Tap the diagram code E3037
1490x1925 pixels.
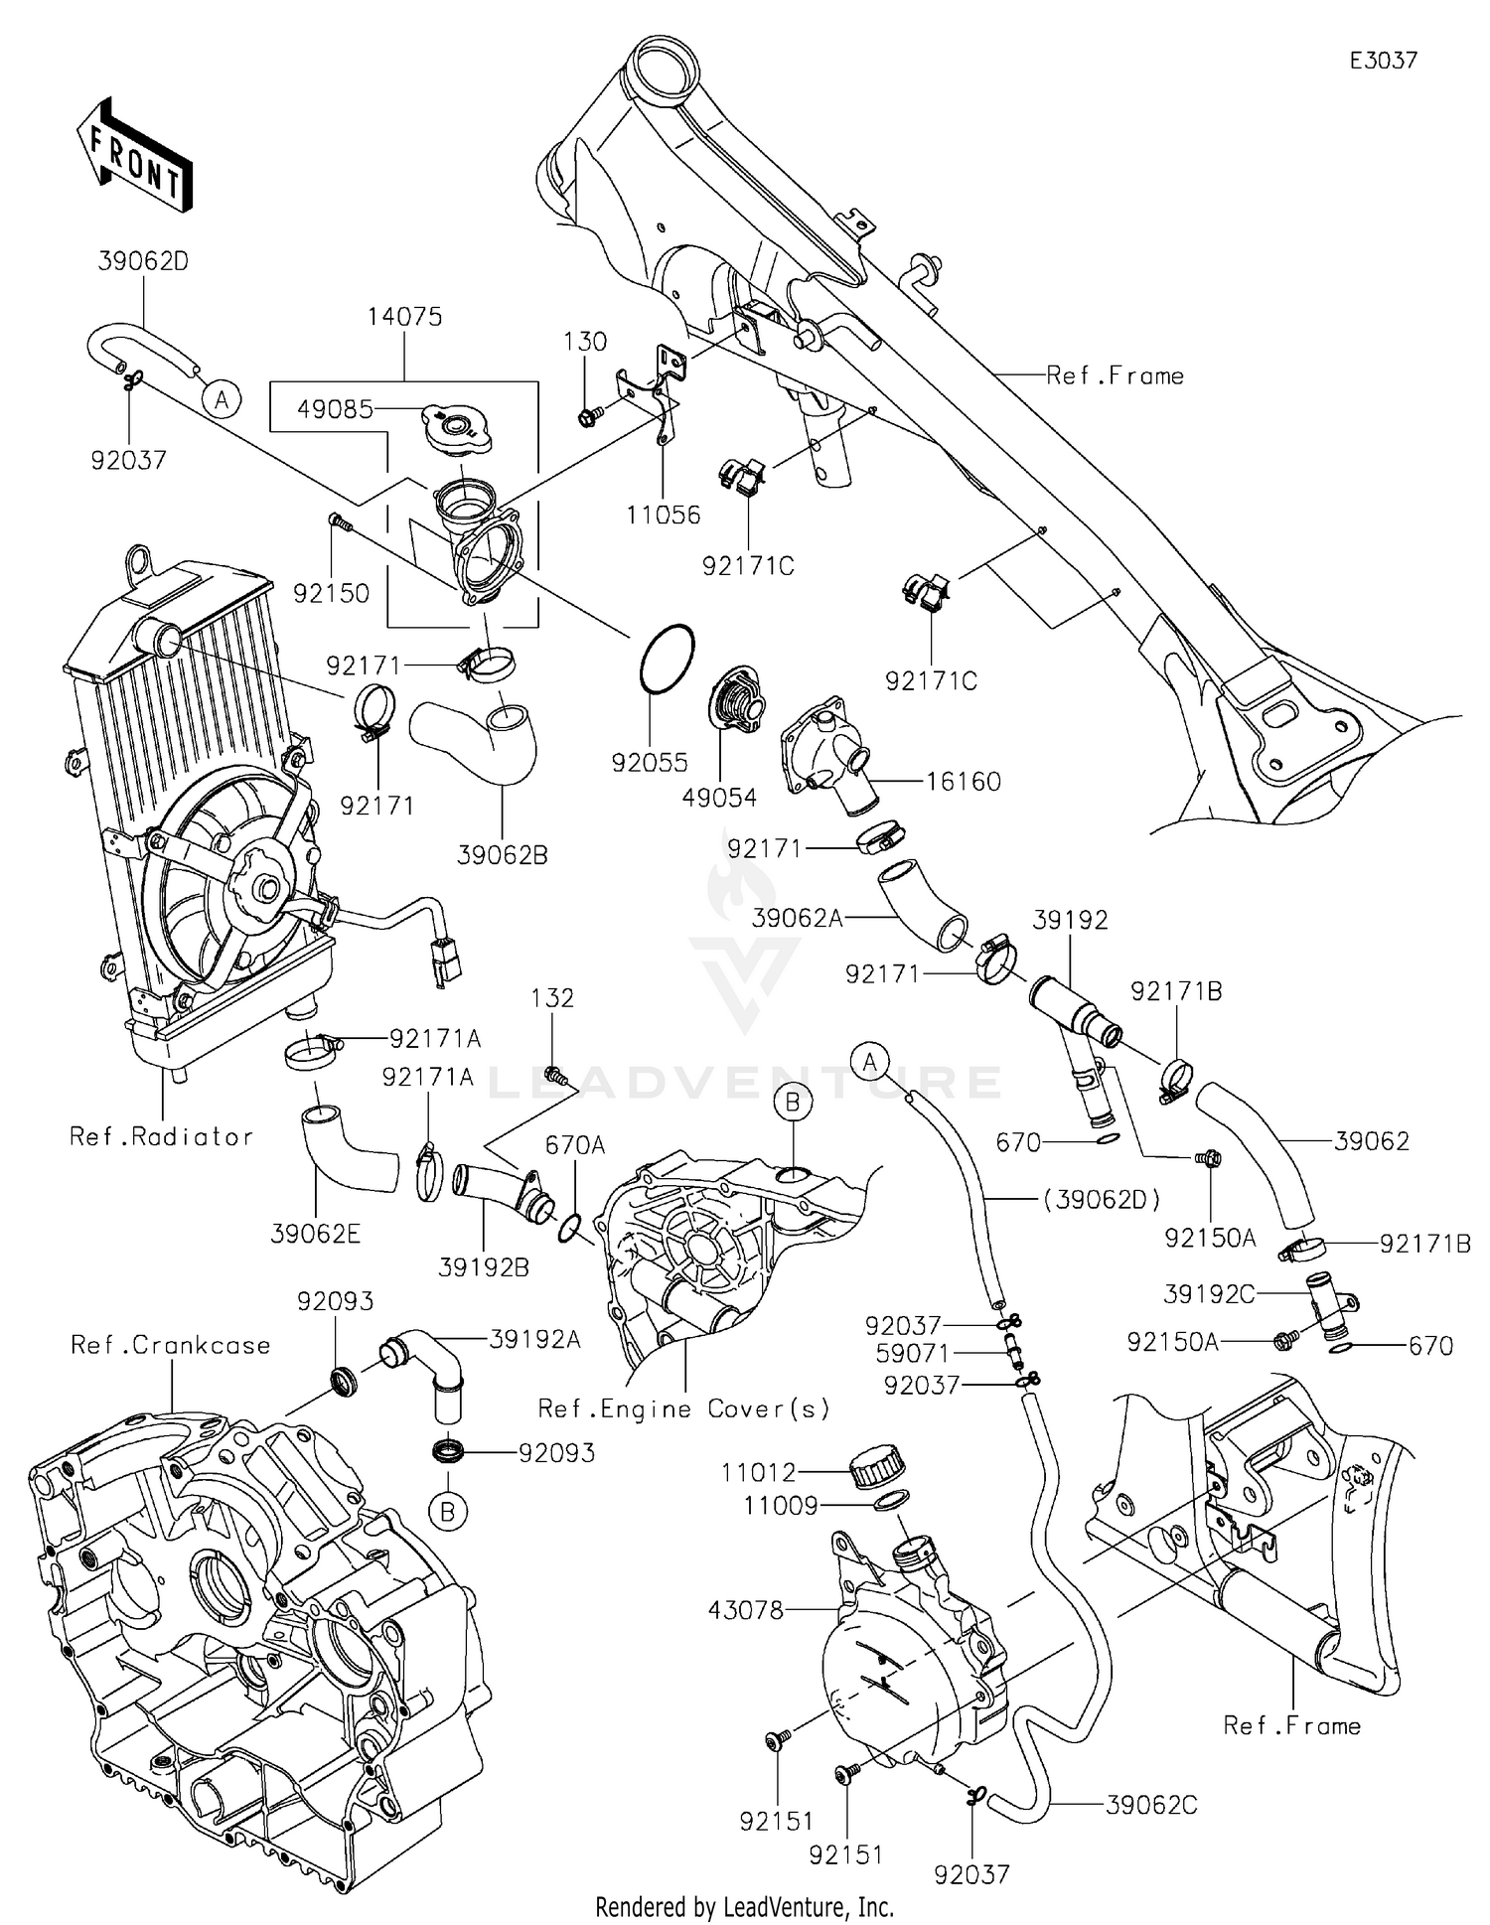point(1383,61)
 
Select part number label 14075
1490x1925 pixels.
point(404,317)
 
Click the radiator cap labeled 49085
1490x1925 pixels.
point(459,429)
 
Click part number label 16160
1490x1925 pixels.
point(963,782)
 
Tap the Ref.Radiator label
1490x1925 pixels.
point(161,1136)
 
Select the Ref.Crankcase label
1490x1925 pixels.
point(170,1345)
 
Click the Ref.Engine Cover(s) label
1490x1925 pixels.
point(683,1408)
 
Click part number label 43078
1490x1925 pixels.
point(747,1610)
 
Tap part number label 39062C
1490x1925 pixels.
point(1151,1805)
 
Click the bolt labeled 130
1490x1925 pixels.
point(587,418)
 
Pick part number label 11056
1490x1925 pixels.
point(663,515)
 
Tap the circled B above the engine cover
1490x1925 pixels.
point(793,1102)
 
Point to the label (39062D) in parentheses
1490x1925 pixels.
point(1103,1200)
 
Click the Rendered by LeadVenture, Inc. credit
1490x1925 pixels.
point(744,1907)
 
